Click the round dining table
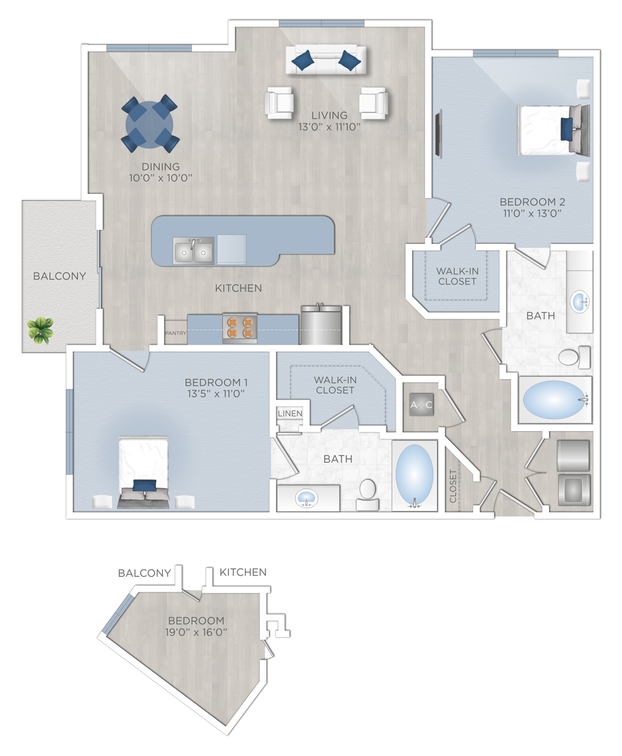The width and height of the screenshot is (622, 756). coord(149,125)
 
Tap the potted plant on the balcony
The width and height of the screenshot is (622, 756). coord(40,330)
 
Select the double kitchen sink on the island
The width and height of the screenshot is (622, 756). coord(193,251)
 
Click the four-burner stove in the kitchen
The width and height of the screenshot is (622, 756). coord(240,328)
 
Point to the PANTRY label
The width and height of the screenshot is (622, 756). coord(175,333)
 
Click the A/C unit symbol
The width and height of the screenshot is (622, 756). coord(421,405)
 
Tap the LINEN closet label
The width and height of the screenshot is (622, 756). coord(290,413)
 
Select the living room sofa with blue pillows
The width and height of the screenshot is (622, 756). coord(326,60)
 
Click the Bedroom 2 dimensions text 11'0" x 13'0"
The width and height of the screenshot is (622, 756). coord(532,214)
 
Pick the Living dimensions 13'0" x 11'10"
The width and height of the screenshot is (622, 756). coord(330,127)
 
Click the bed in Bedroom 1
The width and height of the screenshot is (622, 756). coord(143,472)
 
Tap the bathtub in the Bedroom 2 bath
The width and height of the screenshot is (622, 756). coord(555,400)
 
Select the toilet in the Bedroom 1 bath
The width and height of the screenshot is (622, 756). coord(368,495)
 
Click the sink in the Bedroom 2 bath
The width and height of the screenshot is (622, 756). coord(579,301)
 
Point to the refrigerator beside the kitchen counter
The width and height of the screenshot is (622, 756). coord(321,324)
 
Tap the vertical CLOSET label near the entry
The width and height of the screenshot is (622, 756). coord(453,486)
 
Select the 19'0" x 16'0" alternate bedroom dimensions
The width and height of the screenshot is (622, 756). coord(196,632)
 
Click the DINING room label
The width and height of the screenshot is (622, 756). coord(160,167)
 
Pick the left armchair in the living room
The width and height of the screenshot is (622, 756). coord(279,103)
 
